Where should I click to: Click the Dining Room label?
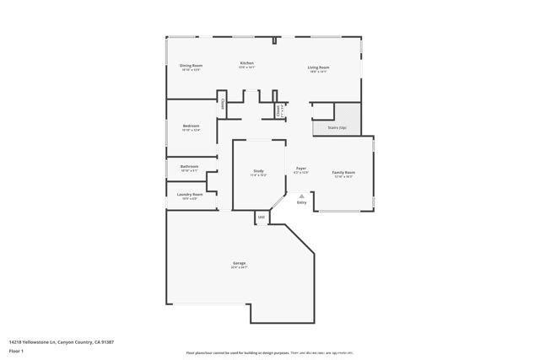(x=191, y=66)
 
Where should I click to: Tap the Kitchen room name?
(x=246, y=63)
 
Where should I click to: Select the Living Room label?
(x=318, y=67)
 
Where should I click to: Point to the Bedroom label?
(x=191, y=126)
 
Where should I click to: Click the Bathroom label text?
(x=189, y=166)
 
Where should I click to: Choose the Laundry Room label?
(x=189, y=194)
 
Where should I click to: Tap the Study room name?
(x=258, y=171)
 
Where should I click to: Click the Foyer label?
(x=300, y=169)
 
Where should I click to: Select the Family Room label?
(x=343, y=172)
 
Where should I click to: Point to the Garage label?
(x=240, y=263)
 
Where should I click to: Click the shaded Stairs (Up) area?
(x=348, y=119)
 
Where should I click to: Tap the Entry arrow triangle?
(x=301, y=196)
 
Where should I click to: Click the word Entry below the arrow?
(x=301, y=202)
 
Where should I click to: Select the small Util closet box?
(x=262, y=218)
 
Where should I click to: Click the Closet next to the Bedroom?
(x=223, y=104)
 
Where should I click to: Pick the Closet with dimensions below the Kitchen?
(x=279, y=110)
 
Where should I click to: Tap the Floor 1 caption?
(x=16, y=351)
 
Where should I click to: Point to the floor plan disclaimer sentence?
(x=270, y=353)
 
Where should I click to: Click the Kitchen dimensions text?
(x=246, y=68)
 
